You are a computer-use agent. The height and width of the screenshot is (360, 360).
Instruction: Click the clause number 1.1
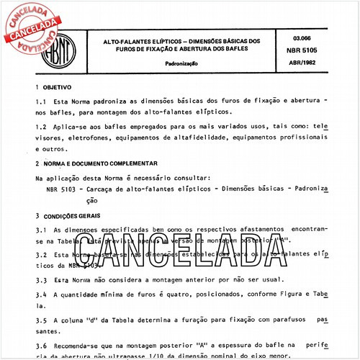42,122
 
